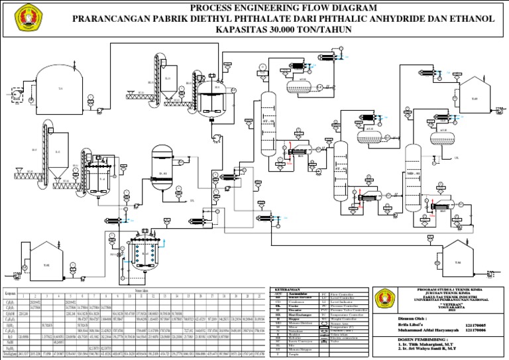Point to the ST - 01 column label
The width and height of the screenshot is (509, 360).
click(268, 122)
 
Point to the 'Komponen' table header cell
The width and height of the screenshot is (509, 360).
click(11, 294)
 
